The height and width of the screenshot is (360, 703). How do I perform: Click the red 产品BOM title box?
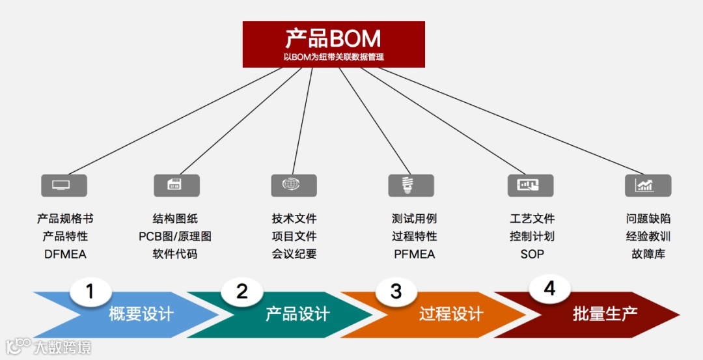point(333,44)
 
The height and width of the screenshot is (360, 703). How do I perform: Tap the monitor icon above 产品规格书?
point(64,185)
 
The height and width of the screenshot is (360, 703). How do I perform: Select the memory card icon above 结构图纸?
point(176,185)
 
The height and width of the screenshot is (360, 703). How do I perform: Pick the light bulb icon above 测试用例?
point(411,185)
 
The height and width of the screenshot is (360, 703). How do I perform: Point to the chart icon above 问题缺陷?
point(648,185)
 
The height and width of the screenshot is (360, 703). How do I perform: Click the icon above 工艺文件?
point(530,185)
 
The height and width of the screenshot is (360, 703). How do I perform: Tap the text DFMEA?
point(65,254)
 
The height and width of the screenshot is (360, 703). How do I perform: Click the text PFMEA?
point(415,254)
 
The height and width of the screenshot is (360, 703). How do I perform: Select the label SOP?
point(532,254)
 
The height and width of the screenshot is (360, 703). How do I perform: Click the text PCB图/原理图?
point(175,236)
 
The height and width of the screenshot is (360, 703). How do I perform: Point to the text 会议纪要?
point(294,254)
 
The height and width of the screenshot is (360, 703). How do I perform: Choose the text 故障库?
point(648,254)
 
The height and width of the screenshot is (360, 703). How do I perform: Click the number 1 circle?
point(90,292)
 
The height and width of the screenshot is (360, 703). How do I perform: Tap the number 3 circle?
point(396,291)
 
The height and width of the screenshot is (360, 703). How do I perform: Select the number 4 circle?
point(550,288)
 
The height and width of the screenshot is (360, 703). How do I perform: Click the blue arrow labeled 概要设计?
point(140,314)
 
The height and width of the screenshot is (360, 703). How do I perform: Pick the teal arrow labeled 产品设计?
point(296,314)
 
